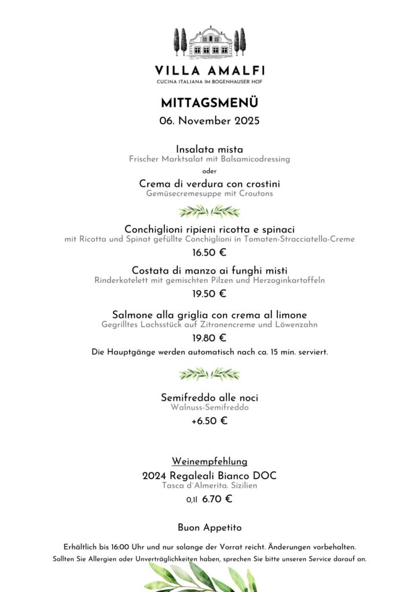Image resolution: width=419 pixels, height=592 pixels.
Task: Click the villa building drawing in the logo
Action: coord(209,43)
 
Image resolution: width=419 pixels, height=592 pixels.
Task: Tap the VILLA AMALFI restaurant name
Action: coord(209,71)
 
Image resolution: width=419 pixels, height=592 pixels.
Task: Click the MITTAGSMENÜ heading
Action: coord(209,103)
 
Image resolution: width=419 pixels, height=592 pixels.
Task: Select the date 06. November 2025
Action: coord(209,121)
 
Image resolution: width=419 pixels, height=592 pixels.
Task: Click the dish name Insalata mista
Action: coord(209,150)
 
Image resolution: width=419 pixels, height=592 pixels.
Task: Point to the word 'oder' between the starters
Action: coord(209,171)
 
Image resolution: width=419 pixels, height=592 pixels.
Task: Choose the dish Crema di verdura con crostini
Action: coord(209,184)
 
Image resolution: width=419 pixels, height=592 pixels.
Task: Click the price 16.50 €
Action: coord(209,253)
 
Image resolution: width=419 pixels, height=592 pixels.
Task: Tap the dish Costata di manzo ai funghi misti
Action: coord(209,271)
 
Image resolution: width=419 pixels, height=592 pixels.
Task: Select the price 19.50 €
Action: coord(209,294)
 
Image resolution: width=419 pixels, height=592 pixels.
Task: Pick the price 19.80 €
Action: coord(209,338)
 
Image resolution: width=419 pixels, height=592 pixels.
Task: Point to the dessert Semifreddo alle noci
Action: coord(209,398)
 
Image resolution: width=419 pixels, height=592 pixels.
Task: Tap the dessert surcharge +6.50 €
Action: coord(209,421)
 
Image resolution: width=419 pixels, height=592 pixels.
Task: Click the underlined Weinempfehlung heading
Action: coord(209,461)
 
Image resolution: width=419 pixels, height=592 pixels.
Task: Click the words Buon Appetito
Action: coord(209,528)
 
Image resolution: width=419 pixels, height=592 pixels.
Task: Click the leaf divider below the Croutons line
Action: coord(209,211)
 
